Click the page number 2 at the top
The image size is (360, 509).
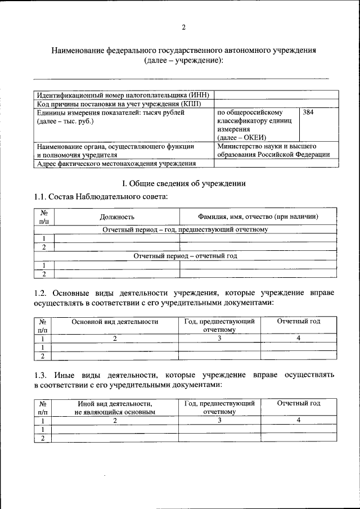click(x=183, y=28)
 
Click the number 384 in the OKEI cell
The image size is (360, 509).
click(x=308, y=112)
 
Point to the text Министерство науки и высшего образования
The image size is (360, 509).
click(x=273, y=150)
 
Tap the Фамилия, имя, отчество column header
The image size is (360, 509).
click(x=258, y=217)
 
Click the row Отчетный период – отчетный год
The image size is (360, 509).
click(x=185, y=255)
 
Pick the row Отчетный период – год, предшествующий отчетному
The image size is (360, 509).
click(x=185, y=229)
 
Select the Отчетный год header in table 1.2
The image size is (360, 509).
click(x=299, y=321)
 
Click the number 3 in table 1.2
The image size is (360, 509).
click(x=219, y=338)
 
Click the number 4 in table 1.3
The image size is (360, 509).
click(x=299, y=420)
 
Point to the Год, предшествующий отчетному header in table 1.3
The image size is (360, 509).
click(x=219, y=408)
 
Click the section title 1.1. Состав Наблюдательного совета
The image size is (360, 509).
click(x=101, y=196)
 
